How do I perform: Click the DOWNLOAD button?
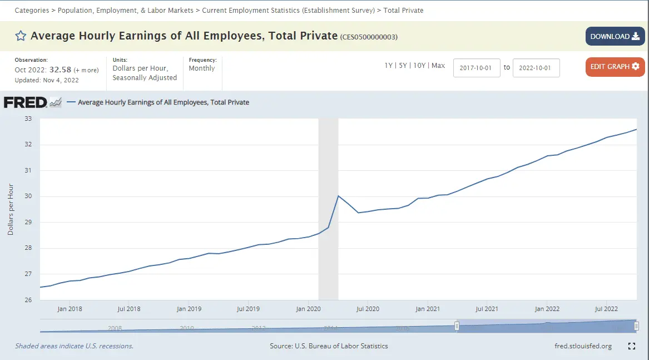(615, 37)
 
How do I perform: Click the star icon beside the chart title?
(21, 36)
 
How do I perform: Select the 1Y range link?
(389, 66)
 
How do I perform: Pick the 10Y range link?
(419, 66)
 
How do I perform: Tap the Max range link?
(438, 66)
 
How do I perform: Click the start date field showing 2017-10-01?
(477, 67)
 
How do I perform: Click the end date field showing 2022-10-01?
(536, 67)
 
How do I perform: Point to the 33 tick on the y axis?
(28, 119)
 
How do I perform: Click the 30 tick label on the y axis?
(28, 196)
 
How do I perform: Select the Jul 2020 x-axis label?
(368, 309)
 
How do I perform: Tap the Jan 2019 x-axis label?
(189, 309)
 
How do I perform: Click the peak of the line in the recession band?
(338, 196)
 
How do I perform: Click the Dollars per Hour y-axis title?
(11, 209)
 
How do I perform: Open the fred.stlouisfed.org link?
(583, 346)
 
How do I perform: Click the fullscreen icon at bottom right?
(632, 346)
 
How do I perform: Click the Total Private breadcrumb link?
(403, 11)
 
